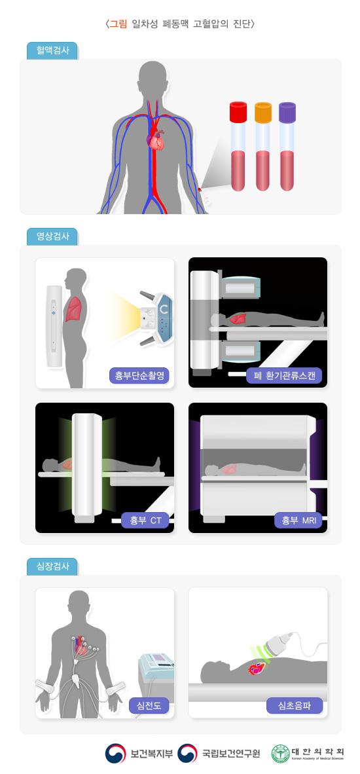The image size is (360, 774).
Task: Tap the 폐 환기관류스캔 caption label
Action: coord(284,375)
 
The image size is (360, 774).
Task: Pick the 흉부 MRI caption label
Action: coord(298,521)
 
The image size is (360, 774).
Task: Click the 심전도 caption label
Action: coord(150,705)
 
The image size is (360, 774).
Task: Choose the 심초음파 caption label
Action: coord(295,705)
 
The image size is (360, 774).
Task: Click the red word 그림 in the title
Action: coord(118,24)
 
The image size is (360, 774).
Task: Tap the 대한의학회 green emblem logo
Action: coord(280,754)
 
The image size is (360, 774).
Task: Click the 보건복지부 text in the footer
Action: coord(151,754)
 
